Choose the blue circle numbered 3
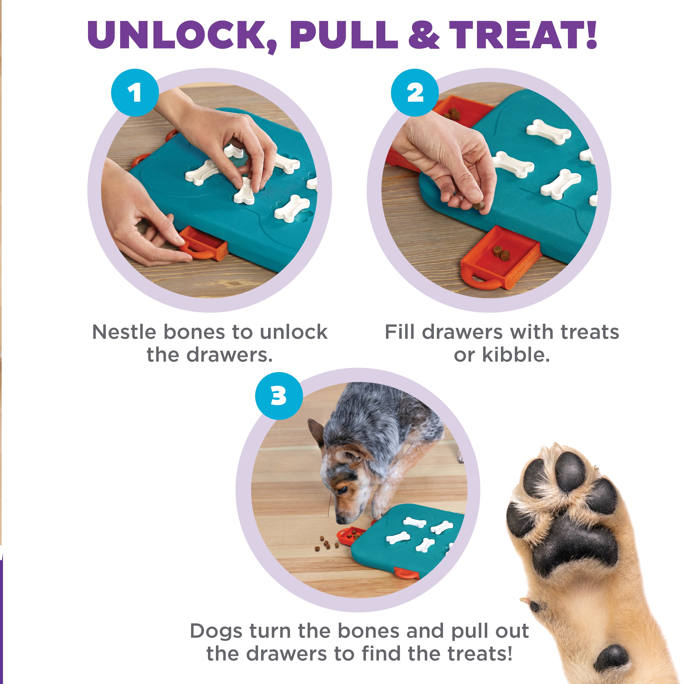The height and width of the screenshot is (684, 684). pyautogui.click(x=279, y=396)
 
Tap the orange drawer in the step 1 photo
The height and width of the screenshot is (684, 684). pyautogui.click(x=204, y=244)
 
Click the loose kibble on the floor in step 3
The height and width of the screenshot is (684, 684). pyautogui.click(x=326, y=544)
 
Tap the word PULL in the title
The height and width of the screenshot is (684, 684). pyautogui.click(x=343, y=35)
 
